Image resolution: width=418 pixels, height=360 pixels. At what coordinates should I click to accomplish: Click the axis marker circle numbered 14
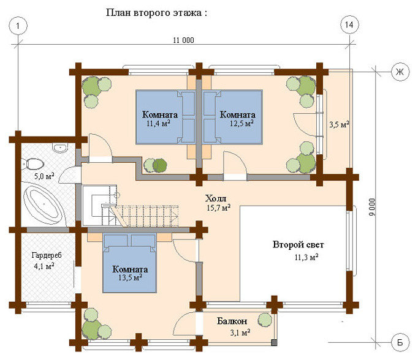[349, 25]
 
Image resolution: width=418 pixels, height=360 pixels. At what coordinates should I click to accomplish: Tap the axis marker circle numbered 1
[18, 26]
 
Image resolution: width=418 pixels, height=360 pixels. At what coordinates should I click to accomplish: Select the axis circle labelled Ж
[400, 72]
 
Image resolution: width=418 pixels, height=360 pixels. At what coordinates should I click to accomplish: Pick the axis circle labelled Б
[400, 342]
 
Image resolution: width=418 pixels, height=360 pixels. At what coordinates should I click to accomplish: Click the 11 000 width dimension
[184, 40]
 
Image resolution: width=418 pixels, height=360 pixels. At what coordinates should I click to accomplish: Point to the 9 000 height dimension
[372, 207]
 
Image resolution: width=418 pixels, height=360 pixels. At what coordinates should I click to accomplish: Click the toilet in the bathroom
[32, 164]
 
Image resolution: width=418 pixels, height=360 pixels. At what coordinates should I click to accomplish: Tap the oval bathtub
[43, 204]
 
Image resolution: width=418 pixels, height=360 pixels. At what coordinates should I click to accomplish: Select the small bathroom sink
[61, 148]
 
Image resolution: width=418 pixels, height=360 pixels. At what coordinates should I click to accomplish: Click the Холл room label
[216, 198]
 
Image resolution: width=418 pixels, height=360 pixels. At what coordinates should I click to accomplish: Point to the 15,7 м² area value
[219, 208]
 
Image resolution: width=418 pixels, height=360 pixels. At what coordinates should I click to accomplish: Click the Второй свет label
[298, 245]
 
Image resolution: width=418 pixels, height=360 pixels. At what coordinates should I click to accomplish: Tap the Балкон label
[232, 321]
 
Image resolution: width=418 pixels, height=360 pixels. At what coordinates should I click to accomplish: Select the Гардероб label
[47, 255]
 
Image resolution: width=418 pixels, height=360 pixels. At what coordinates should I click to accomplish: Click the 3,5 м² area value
[339, 124]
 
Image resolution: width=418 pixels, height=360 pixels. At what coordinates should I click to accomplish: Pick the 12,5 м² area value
[241, 123]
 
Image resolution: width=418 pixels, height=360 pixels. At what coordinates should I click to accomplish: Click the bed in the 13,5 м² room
[129, 263]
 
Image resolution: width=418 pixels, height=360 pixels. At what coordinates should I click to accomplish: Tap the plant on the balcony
[265, 320]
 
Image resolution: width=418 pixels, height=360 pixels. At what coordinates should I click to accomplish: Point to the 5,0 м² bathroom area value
[44, 176]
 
